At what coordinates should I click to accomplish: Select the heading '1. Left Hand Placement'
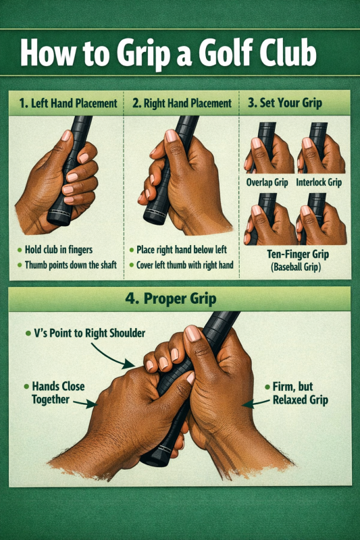[68, 103]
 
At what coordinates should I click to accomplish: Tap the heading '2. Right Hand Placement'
[182, 103]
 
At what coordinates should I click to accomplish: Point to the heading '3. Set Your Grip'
[285, 103]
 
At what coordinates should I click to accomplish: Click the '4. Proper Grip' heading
[171, 298]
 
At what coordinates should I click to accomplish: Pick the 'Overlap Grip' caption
[267, 182]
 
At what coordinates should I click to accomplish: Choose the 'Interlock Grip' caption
[319, 182]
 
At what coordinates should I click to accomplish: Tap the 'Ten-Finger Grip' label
[298, 254]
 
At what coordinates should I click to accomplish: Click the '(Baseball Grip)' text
[296, 267]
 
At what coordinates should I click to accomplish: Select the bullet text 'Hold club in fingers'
[59, 249]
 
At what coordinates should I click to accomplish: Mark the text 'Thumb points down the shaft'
[71, 265]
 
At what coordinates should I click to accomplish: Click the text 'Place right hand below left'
[182, 249]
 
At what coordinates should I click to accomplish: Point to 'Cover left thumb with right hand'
[184, 265]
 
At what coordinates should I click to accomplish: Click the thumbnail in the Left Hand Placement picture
[66, 136]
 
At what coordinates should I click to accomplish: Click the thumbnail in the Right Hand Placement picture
[171, 136]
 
